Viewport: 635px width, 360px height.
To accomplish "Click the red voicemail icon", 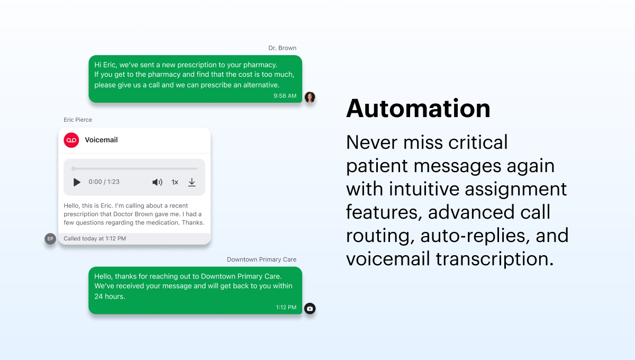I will coord(71,140).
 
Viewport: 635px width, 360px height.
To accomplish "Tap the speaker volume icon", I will coord(157,182).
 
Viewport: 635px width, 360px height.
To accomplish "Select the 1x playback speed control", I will coord(175,182).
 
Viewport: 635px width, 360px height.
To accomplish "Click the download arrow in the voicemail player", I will coord(192,182).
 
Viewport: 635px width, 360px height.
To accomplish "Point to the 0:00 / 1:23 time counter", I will coord(104,182).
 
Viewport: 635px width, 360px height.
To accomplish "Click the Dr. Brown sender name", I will coord(282,48).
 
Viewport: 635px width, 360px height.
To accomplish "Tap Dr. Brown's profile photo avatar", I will coord(310,97).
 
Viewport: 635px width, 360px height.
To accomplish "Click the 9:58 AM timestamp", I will coord(285,96).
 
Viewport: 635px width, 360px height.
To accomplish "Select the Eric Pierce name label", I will coord(78,120).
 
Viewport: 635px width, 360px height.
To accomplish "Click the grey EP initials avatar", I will coord(50,239).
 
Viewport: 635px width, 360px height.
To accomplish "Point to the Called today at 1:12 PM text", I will coord(95,239).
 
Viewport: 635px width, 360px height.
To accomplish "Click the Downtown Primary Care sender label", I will coord(261,260).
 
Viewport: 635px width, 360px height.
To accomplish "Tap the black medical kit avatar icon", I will coord(310,308).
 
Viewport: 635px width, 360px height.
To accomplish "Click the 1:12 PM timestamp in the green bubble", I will coord(286,307).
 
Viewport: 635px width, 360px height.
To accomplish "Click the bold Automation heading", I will coord(418,109).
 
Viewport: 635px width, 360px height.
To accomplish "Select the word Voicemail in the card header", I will coord(101,140).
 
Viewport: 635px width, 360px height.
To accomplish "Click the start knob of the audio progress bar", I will coord(74,168).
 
